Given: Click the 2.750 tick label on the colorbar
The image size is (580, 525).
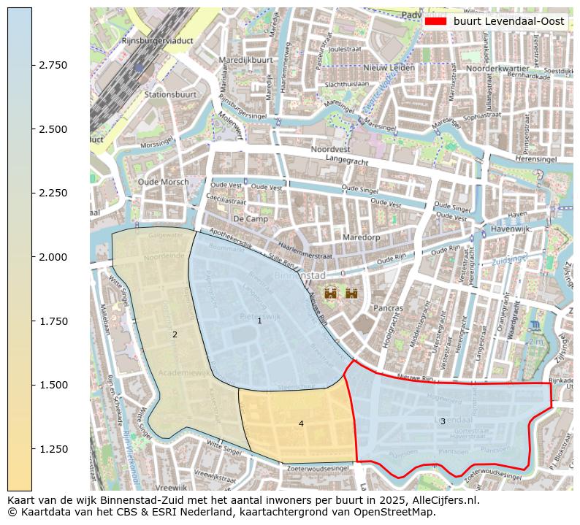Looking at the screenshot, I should point(53,65).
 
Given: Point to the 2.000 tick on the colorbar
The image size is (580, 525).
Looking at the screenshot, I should point(53,257).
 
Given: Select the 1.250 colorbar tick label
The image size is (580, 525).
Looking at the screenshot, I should point(53,449).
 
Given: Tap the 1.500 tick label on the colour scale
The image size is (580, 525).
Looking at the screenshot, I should point(53,385).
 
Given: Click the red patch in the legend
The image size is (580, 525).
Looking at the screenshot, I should point(435,21).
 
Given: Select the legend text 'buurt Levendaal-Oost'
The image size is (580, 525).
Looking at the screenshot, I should point(508,21).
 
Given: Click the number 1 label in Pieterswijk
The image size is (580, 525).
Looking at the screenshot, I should point(259,321).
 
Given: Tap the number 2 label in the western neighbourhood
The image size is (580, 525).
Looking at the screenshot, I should point(175,334).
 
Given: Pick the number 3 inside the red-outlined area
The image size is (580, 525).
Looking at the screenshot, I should point(443,421).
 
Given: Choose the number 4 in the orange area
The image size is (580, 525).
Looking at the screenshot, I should point(301,424).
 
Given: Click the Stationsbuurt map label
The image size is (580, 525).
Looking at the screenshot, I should point(170,94).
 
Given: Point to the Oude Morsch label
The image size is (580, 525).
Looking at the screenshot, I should point(162,183).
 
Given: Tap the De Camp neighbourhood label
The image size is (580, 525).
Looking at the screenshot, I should point(248,218).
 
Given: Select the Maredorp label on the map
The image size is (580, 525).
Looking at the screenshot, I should point(363,237).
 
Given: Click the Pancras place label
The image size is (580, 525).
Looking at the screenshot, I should point(388,308).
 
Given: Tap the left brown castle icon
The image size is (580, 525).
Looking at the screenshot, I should point(331,294).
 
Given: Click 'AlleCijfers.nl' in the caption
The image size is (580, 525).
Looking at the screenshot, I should point(445,500).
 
